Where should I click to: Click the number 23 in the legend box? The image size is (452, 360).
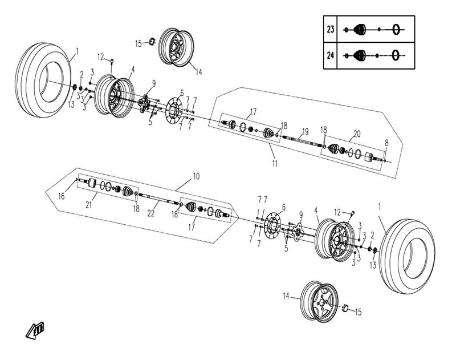click(331, 29)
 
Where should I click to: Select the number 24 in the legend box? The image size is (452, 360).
click(331, 55)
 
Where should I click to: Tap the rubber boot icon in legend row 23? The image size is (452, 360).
click(359, 29)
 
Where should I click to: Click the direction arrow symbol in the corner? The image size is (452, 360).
click(36, 329)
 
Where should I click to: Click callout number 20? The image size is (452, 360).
click(357, 134)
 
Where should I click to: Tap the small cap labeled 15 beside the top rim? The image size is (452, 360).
click(153, 41)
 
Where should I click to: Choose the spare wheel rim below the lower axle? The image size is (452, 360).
click(317, 298)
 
